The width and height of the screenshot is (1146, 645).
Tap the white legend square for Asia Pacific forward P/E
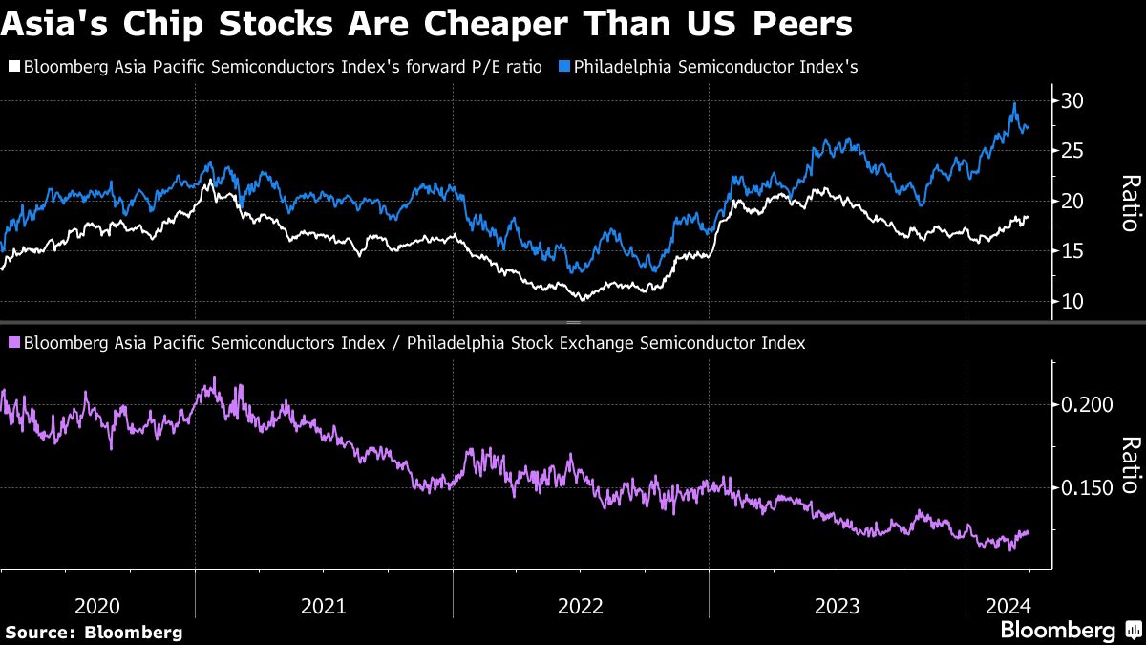(x=12, y=67)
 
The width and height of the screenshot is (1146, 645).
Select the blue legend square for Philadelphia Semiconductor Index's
(x=564, y=67)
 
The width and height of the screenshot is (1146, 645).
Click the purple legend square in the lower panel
(x=12, y=342)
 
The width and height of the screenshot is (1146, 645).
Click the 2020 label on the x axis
(x=97, y=605)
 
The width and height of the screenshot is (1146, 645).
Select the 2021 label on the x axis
(x=324, y=605)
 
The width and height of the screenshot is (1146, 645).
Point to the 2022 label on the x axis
(x=581, y=605)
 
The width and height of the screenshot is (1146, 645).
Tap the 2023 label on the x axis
(x=838, y=605)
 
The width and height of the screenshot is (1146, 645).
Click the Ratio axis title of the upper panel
(x=1130, y=202)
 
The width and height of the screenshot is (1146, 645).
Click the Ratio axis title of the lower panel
(x=1130, y=465)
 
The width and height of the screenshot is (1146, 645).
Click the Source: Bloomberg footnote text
(x=94, y=632)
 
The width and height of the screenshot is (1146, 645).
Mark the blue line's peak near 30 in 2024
(x=1013, y=103)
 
